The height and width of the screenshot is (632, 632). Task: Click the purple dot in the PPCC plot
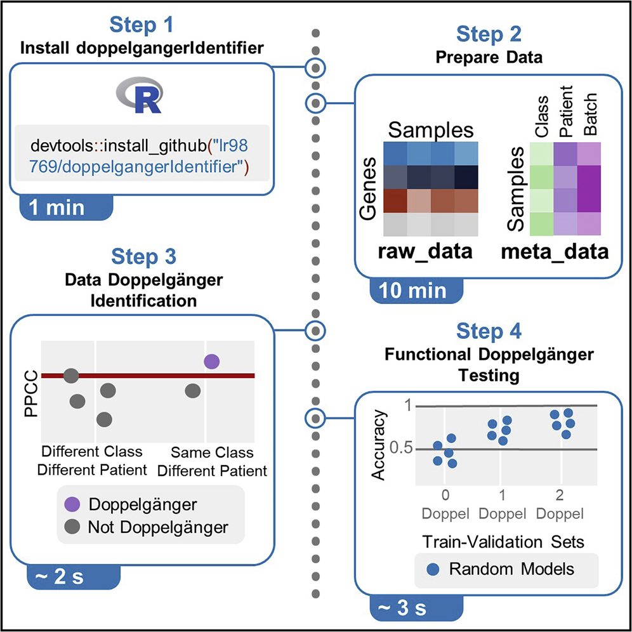coord(211,362)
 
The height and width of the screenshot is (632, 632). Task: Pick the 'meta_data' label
coord(554,251)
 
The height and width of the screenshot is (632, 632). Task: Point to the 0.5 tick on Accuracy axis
coord(399,449)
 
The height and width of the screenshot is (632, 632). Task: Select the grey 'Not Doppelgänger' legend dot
coord(73,527)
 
